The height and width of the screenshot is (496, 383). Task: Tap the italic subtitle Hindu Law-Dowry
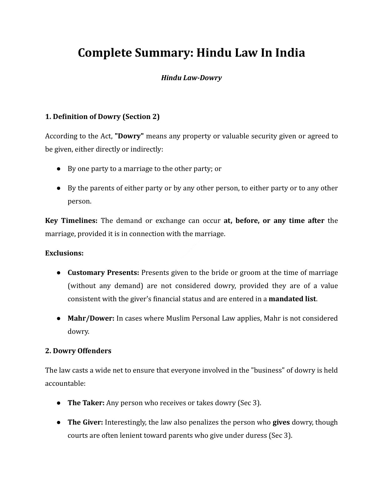click(191, 78)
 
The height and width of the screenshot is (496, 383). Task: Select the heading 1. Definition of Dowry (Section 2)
click(102, 117)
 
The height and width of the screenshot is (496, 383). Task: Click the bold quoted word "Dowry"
click(129, 136)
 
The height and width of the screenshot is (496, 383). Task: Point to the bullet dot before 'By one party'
click(59, 169)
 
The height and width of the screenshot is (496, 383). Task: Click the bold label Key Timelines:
click(71, 221)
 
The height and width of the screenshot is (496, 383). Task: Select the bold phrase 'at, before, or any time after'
click(274, 221)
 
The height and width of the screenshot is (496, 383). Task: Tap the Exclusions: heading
click(64, 253)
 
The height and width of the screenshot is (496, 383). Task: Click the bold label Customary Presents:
click(103, 273)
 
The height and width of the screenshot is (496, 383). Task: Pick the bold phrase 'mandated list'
click(292, 299)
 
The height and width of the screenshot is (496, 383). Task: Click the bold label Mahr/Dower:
click(91, 318)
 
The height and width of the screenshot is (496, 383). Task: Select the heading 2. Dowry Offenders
click(78, 351)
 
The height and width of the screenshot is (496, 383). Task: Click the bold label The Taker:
click(86, 403)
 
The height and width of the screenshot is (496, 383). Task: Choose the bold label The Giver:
click(85, 422)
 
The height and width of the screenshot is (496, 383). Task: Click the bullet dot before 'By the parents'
click(59, 188)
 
